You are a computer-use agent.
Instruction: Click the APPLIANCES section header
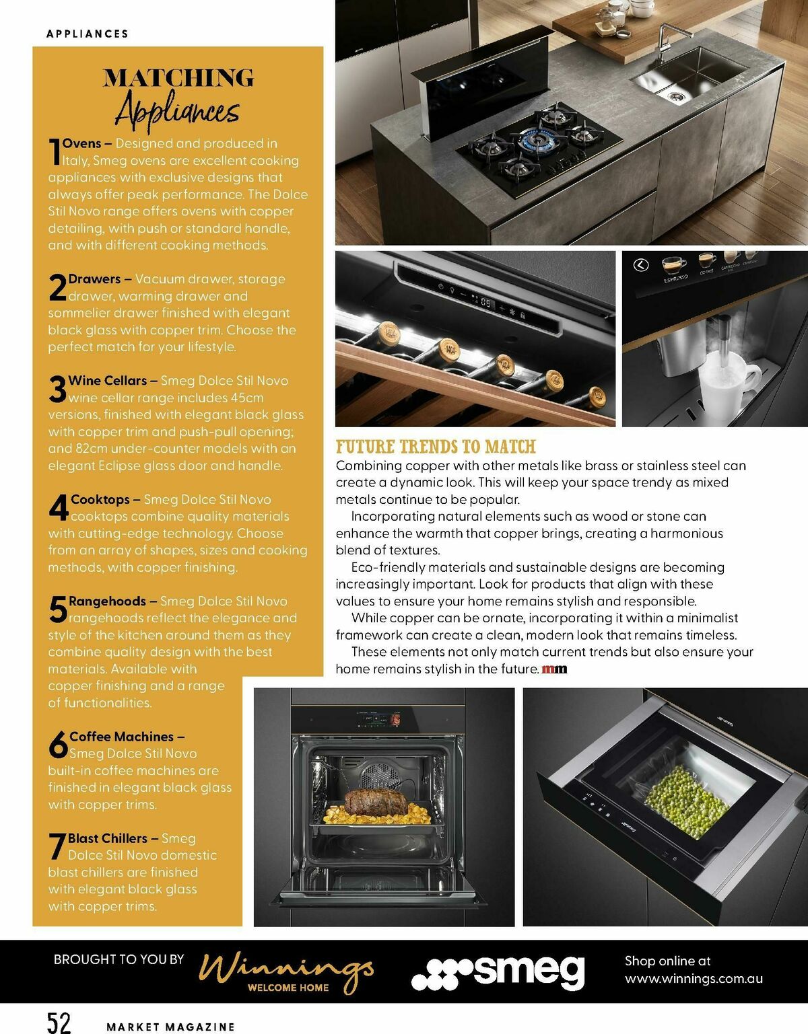point(88,34)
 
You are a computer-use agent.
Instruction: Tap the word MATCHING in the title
point(178,78)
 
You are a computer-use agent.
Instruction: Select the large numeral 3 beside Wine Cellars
point(58,390)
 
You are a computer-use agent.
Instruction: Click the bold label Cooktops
point(100,499)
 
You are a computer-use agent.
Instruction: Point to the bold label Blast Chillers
point(108,838)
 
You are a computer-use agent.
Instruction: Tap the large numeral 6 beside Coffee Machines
point(58,745)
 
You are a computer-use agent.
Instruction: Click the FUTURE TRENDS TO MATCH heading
point(436,447)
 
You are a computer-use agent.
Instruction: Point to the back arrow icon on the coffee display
point(641,265)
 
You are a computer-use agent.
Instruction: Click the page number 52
point(59,1021)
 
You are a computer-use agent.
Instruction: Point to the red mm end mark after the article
point(554,669)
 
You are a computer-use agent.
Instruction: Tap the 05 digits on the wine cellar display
point(485,303)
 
